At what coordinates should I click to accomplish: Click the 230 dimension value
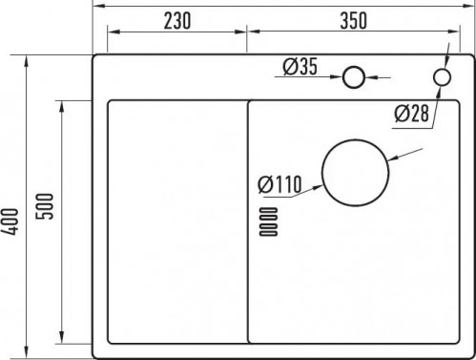pos(177,21)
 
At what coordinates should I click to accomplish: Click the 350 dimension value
pos(354,21)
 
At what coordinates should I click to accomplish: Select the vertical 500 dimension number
pos(45,206)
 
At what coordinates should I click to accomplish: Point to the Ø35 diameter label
pos(300,67)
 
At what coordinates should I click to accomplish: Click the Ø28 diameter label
pos(411,114)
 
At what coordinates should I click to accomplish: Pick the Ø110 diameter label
pos(279,184)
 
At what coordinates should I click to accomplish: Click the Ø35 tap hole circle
pos(354,77)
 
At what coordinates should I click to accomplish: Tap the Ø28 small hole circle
pos(442,77)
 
